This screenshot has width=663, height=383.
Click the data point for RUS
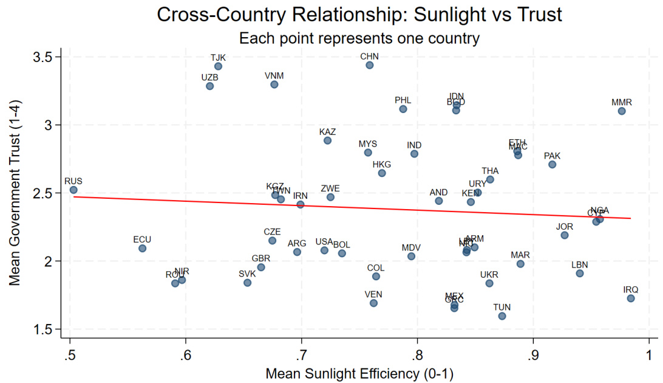(x=73, y=190)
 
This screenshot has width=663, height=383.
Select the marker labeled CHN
(x=370, y=65)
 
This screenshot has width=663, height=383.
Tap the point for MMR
(x=622, y=111)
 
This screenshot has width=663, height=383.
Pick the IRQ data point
(x=631, y=298)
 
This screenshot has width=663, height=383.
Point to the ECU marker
(x=142, y=248)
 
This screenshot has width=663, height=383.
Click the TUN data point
(x=502, y=316)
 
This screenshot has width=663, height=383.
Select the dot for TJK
(x=218, y=66)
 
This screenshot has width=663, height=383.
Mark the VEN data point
(x=373, y=303)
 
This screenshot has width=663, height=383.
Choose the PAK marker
(x=552, y=164)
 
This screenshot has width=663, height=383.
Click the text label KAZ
(x=327, y=132)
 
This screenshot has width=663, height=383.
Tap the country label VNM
(x=274, y=76)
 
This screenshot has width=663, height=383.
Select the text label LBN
(x=580, y=265)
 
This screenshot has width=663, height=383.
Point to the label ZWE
(x=330, y=188)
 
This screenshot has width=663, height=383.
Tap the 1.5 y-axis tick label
(x=47, y=330)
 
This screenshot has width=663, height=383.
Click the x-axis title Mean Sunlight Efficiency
(x=359, y=373)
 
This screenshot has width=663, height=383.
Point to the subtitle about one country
(x=359, y=38)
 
